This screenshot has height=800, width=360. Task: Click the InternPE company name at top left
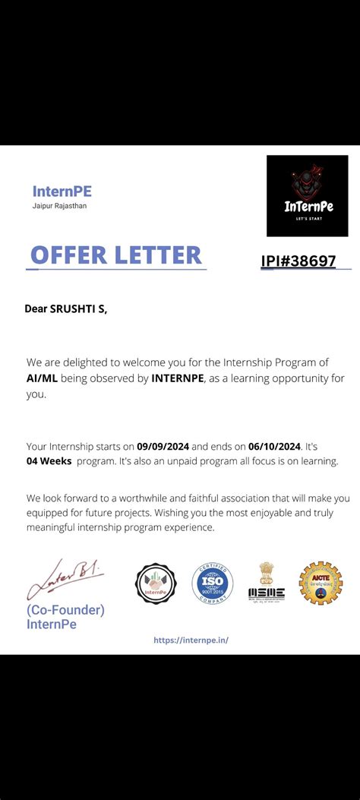click(62, 191)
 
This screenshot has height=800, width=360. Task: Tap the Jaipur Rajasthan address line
click(59, 206)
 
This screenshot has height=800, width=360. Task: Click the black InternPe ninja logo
click(307, 196)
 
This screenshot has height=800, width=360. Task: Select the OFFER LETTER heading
click(116, 255)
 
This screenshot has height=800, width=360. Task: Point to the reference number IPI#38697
click(298, 261)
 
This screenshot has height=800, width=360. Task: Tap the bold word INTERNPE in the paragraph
click(178, 378)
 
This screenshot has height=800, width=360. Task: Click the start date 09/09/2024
click(163, 446)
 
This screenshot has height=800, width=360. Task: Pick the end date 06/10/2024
click(275, 446)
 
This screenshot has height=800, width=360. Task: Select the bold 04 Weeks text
click(49, 461)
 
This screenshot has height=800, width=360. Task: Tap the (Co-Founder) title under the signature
click(65, 610)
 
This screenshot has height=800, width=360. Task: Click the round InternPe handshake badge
click(156, 583)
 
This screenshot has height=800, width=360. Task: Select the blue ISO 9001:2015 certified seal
click(212, 583)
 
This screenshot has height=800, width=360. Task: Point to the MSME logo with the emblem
click(266, 583)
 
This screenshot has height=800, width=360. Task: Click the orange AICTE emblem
click(321, 583)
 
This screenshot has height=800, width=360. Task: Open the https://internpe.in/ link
click(191, 640)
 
